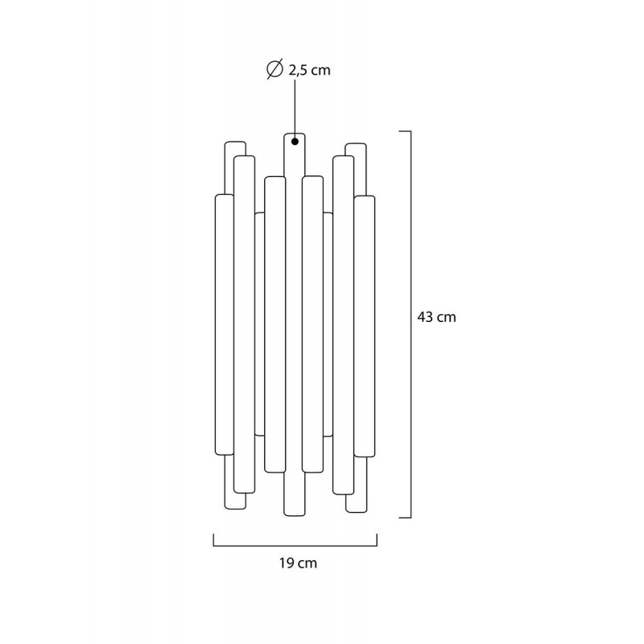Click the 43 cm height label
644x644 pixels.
pos(436,317)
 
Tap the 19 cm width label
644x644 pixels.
pos(298,563)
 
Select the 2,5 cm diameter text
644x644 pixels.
pos(309,70)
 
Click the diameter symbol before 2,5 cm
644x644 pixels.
pos(275,69)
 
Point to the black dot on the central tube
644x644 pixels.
pos(295,142)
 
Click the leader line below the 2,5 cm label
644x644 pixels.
pos(295,109)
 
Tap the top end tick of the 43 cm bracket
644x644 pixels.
pos(406,131)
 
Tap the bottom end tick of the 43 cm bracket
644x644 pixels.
pos(406,518)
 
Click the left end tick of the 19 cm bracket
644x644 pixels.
pos(213,540)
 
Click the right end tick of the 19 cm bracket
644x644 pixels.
pos(377,540)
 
